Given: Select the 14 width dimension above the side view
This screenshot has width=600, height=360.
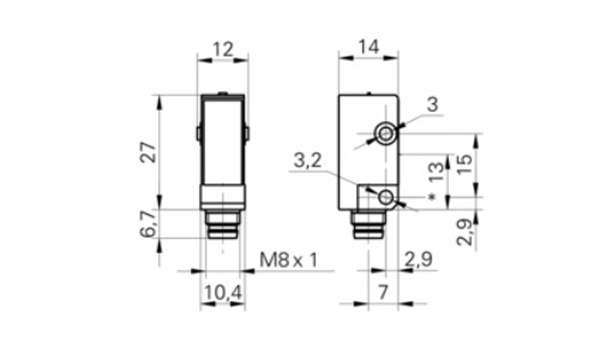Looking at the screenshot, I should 368,47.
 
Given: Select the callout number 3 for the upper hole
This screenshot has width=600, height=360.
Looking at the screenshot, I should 431,104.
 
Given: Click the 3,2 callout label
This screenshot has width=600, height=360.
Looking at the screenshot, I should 309,160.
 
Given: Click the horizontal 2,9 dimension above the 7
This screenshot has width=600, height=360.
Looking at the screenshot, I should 419,261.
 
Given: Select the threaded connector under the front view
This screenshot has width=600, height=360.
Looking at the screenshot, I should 222,227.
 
